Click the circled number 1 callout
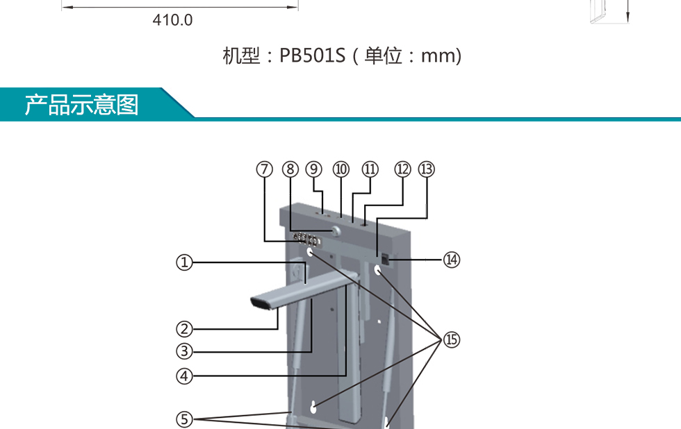coord(183,262)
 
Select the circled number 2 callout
coord(183,328)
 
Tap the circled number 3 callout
coord(183,351)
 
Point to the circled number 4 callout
coord(183,376)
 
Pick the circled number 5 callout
coord(183,419)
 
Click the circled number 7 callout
coord(264,169)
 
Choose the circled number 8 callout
coord(290,169)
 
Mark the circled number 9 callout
coord(314,169)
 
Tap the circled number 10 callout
coord(340,169)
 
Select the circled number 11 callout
coord(370,169)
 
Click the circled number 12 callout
coord(403,169)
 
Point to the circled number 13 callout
coord(426,169)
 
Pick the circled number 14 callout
coord(452,259)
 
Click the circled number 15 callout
coord(452,339)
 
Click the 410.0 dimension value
coord(172,20)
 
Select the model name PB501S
coord(312,56)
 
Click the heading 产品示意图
coord(82,104)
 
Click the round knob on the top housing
coord(335,231)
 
